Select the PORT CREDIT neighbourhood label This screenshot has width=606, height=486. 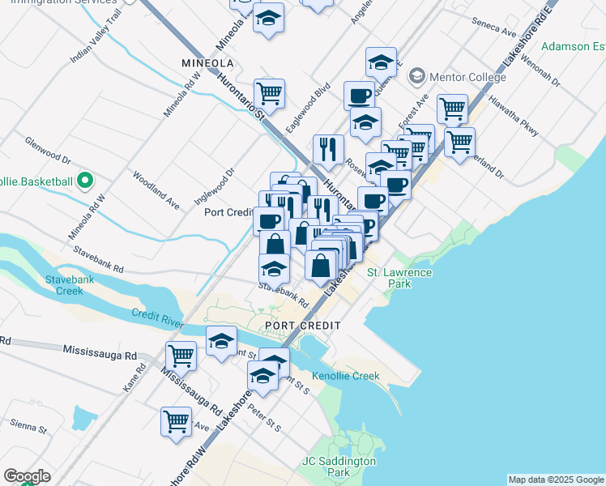pos(301,325)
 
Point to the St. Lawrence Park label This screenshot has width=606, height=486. pos(400,278)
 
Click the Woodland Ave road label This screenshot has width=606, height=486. pos(156,188)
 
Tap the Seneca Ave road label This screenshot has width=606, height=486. pos(497,33)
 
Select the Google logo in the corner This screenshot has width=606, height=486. pos(27,475)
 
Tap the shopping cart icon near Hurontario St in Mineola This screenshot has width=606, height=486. pos(269,92)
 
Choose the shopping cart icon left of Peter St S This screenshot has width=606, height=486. pos(176,420)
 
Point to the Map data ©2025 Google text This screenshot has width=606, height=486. pos(556,480)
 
